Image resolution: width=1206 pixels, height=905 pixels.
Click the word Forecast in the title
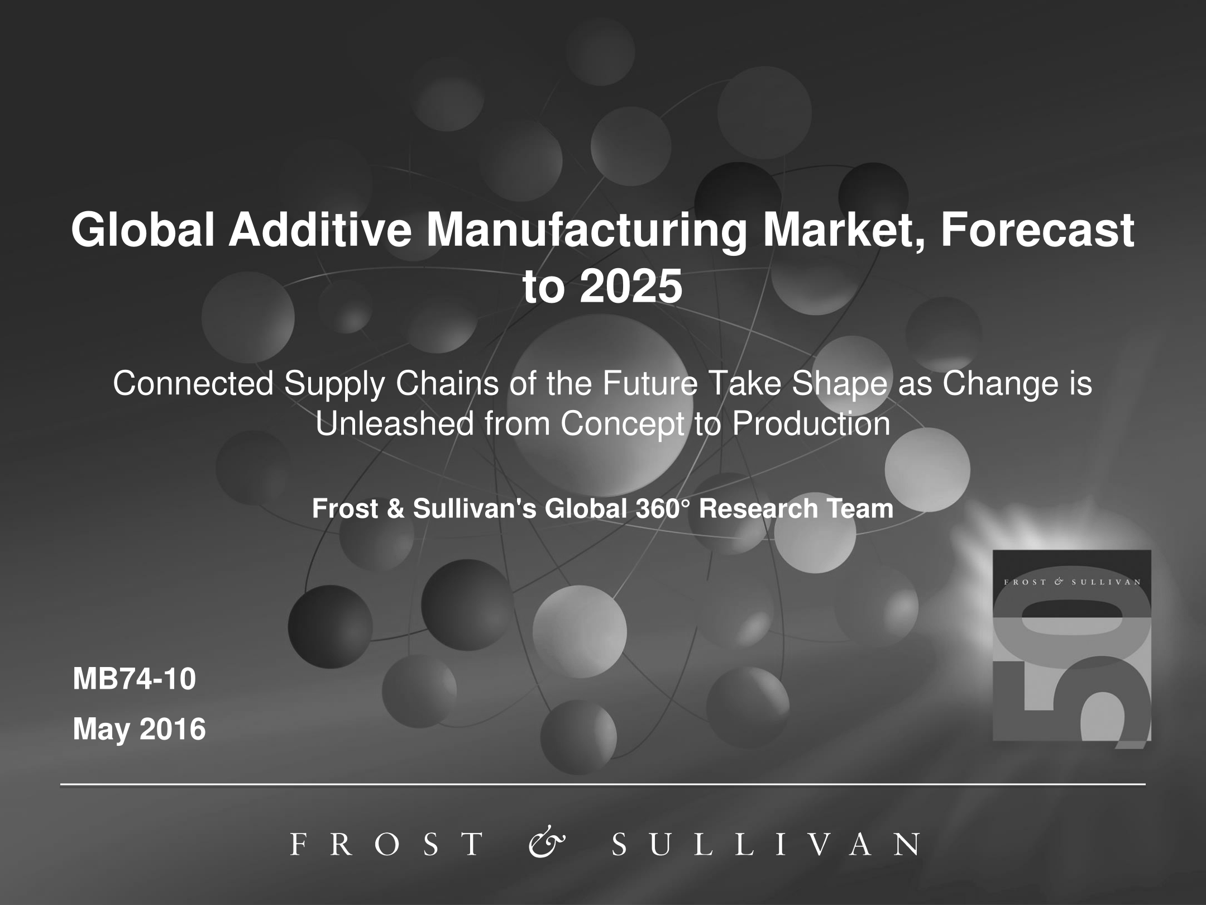[x=1037, y=230]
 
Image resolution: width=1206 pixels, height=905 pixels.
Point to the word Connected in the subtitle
[x=193, y=384]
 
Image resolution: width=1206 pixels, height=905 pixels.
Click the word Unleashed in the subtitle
[x=395, y=423]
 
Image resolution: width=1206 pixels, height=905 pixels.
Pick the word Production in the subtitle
[x=811, y=423]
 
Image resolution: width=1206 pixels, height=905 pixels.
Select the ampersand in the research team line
[x=395, y=509]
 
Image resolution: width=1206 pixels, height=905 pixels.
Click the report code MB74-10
[x=135, y=679]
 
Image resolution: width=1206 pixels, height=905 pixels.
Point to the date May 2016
[x=140, y=729]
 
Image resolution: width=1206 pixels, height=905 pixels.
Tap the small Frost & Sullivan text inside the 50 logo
[x=1072, y=582]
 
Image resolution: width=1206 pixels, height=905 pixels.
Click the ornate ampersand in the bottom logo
[x=547, y=844]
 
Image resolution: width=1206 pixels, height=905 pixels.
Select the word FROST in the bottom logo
[x=387, y=844]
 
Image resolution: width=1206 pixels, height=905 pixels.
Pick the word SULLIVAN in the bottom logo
[x=764, y=844]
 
